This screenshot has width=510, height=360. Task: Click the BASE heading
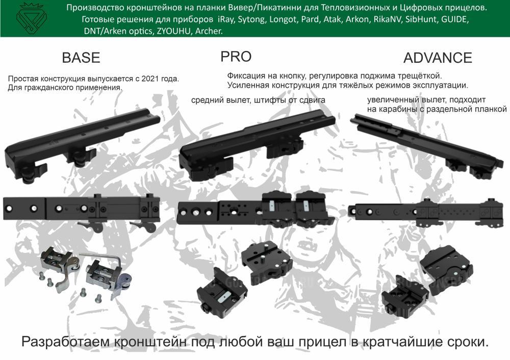pos(81,58)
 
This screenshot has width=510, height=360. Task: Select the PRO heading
pos(236,56)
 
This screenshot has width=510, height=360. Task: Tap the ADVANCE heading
pos(438,58)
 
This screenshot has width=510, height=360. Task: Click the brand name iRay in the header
pos(225,20)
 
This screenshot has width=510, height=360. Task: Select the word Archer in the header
pos(208,31)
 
